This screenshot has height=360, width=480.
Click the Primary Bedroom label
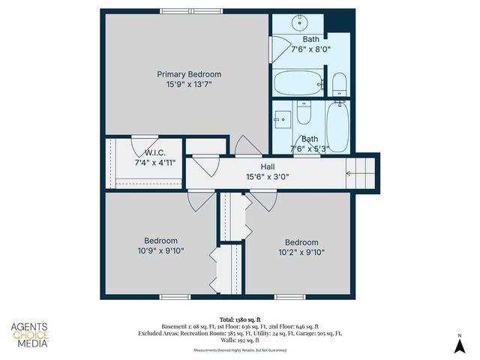pos(189,74)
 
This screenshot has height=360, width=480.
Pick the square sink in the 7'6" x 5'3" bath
pos(283,117)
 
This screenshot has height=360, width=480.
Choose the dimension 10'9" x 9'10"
pos(160,251)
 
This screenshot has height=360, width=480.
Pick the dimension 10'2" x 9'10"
pos(301,253)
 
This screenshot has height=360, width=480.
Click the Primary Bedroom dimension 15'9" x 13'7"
pos(189,85)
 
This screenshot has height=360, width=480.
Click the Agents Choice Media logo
pos(30,334)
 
